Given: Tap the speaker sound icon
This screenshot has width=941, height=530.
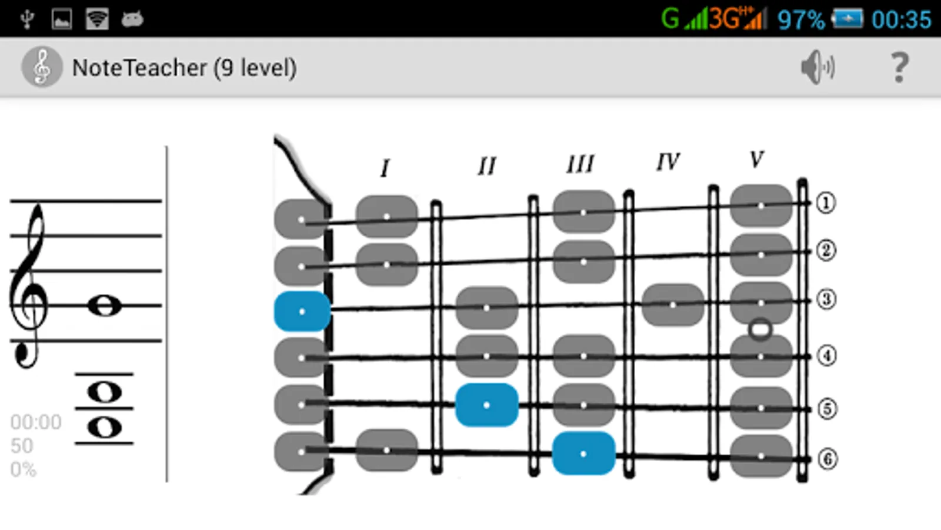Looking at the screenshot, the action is coord(817,67).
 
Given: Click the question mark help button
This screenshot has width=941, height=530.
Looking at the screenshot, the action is coord(899,67).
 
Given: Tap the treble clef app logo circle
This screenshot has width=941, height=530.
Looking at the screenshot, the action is coord(42,67).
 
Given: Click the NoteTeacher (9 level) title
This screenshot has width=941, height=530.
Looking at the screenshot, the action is coord(185,68).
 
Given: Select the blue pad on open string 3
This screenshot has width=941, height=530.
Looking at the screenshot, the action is coord(302,312).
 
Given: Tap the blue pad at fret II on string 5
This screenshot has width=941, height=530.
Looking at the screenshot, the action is coord(486,405).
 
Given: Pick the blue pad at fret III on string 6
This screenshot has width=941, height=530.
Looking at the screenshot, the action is coord(583,453).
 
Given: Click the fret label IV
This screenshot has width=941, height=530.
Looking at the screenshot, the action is coord(668,162).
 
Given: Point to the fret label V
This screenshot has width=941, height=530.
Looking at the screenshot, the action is coord(756,160).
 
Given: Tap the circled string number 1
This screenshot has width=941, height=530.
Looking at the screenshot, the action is coord(826,203).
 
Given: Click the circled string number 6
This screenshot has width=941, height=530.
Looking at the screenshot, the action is coord(827,459).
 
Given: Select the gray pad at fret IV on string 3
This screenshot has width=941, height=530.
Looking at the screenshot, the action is coord(673,304).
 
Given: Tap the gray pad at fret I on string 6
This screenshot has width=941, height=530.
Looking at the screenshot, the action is coord(387,450).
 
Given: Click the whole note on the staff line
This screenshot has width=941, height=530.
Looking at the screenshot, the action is coord(105,306).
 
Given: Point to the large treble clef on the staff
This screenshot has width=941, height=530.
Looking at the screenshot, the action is coord(29,286).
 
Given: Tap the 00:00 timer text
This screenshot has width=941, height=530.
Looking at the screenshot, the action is coord(36,422).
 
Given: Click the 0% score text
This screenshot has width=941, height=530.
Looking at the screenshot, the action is coord(23,469).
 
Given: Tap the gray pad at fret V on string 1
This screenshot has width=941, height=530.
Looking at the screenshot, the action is coord(761,206).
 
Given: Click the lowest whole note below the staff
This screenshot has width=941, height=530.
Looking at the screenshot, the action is coord(105,428).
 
